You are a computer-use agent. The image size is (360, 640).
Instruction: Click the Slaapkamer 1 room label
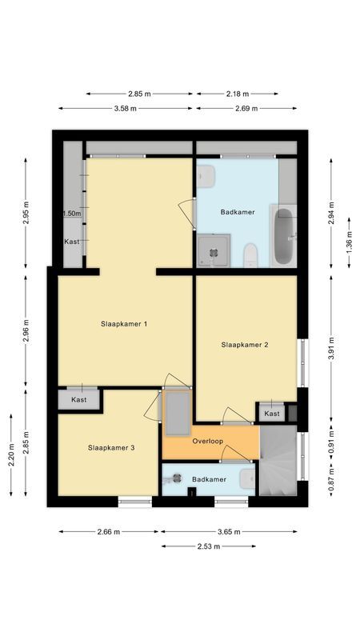click(124, 324)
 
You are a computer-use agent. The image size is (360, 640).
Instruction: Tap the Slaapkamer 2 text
click(244, 345)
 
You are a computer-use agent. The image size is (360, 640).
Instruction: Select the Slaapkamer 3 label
click(111, 448)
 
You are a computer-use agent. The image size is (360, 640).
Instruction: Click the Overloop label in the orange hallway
click(206, 442)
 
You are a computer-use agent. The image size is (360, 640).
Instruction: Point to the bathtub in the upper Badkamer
click(283, 237)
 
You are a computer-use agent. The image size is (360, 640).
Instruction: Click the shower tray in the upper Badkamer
click(214, 251)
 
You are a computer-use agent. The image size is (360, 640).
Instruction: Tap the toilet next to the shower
click(250, 255)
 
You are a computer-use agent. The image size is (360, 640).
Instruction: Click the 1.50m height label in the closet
click(72, 214)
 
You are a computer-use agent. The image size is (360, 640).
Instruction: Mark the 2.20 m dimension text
click(11, 454)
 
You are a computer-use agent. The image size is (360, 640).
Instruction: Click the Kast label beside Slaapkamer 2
click(272, 414)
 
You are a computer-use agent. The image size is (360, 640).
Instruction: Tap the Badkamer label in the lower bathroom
click(208, 478)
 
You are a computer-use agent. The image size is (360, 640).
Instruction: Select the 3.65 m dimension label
click(230, 531)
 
